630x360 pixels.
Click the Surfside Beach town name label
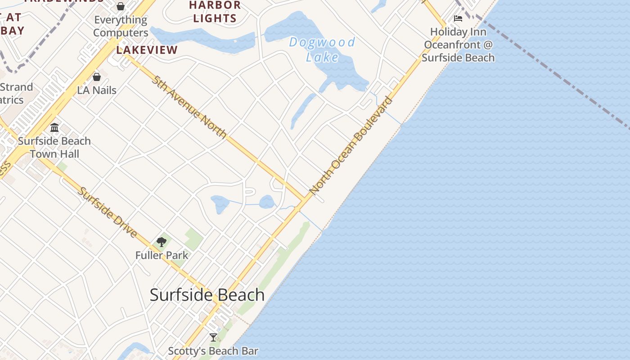(x=207, y=295)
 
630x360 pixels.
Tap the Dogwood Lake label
(x=322, y=49)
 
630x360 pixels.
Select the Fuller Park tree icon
(x=162, y=242)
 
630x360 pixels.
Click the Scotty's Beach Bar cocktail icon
(x=213, y=337)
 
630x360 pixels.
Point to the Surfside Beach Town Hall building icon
(x=54, y=128)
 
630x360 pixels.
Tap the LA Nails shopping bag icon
(x=96, y=77)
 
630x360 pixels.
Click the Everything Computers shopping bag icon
(x=120, y=6)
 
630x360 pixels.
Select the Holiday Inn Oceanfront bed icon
(x=458, y=18)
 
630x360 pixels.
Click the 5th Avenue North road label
(x=189, y=107)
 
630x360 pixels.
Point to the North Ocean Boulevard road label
(x=351, y=145)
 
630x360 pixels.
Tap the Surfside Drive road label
(x=108, y=212)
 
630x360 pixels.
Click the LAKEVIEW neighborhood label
(x=147, y=50)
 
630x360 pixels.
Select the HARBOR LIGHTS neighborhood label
(x=215, y=12)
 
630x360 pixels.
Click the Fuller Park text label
(x=162, y=255)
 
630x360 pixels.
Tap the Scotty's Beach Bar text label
(x=213, y=351)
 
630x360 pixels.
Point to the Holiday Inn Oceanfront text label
(x=458, y=45)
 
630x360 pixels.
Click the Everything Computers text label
(x=121, y=26)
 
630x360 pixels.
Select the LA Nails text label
(x=97, y=90)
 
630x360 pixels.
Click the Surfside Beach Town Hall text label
(x=54, y=147)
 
